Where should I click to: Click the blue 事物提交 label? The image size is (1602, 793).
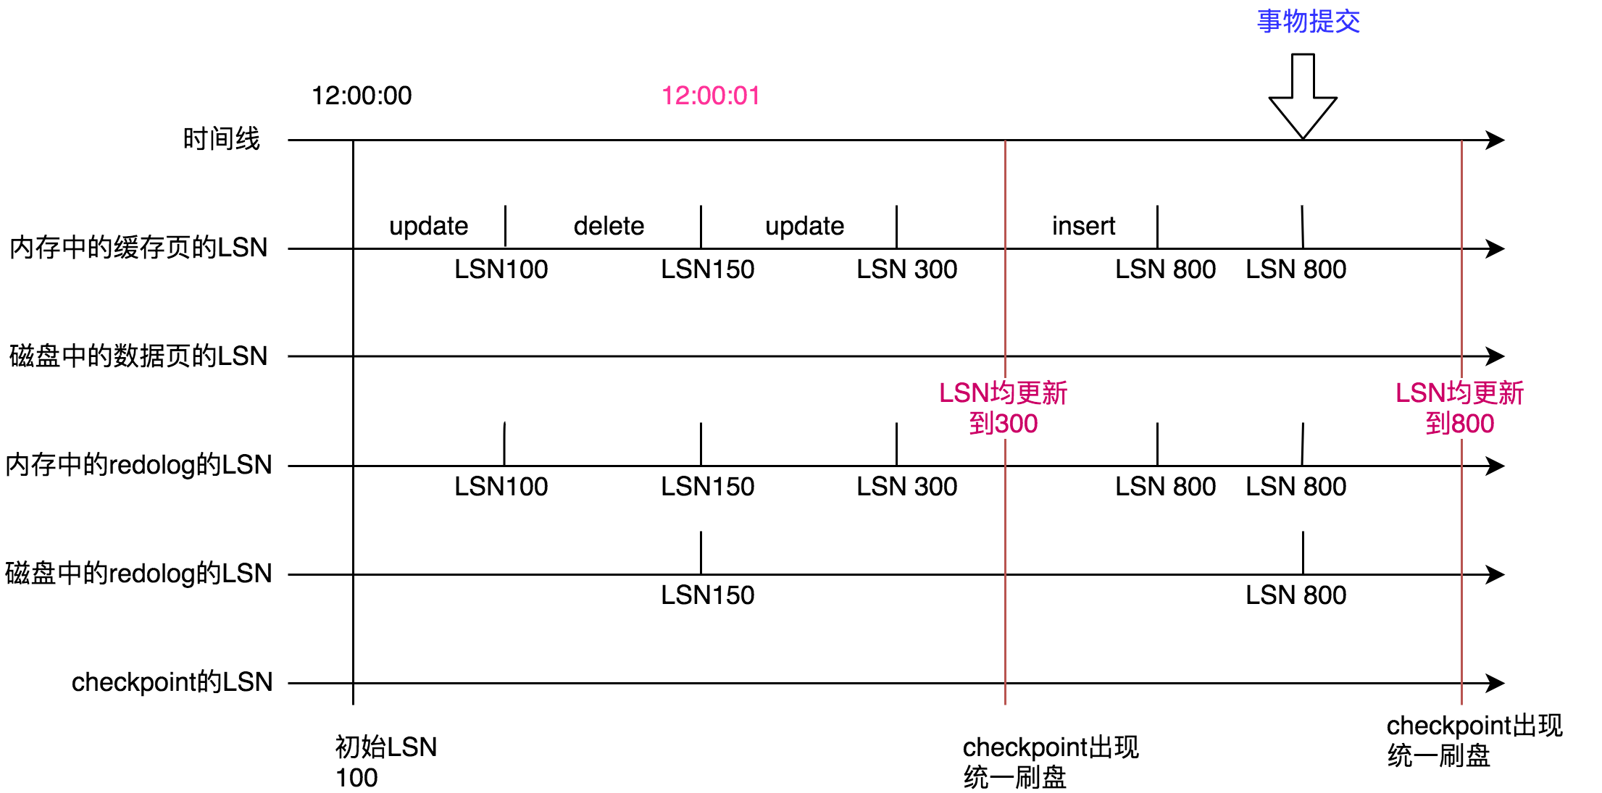click(1308, 22)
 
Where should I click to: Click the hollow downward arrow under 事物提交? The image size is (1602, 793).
click(1303, 96)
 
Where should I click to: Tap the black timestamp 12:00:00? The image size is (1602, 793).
click(362, 96)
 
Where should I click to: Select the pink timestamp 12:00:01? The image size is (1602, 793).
click(711, 96)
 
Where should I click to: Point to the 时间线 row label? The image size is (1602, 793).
click(221, 138)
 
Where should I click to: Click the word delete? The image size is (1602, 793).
click(609, 226)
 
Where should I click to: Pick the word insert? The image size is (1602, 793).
click(1083, 226)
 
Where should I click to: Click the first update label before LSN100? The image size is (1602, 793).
click(428, 227)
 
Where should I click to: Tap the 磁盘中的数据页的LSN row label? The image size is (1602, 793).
click(138, 356)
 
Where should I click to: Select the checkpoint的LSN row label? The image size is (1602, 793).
click(172, 682)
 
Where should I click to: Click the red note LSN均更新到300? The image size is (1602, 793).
click(1004, 408)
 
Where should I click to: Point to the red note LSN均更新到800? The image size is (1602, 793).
click(1460, 408)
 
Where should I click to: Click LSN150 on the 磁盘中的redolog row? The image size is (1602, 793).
click(708, 595)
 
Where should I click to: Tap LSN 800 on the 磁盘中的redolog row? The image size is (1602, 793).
click(1296, 595)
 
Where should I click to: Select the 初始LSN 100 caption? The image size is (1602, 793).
click(386, 762)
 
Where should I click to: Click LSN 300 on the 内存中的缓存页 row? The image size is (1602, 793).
click(907, 269)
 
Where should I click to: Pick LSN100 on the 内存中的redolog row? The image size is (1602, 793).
click(501, 487)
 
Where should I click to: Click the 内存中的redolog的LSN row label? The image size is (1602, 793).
click(138, 464)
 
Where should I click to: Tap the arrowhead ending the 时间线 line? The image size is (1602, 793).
click(1495, 140)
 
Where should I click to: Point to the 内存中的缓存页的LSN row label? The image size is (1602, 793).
click(138, 247)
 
